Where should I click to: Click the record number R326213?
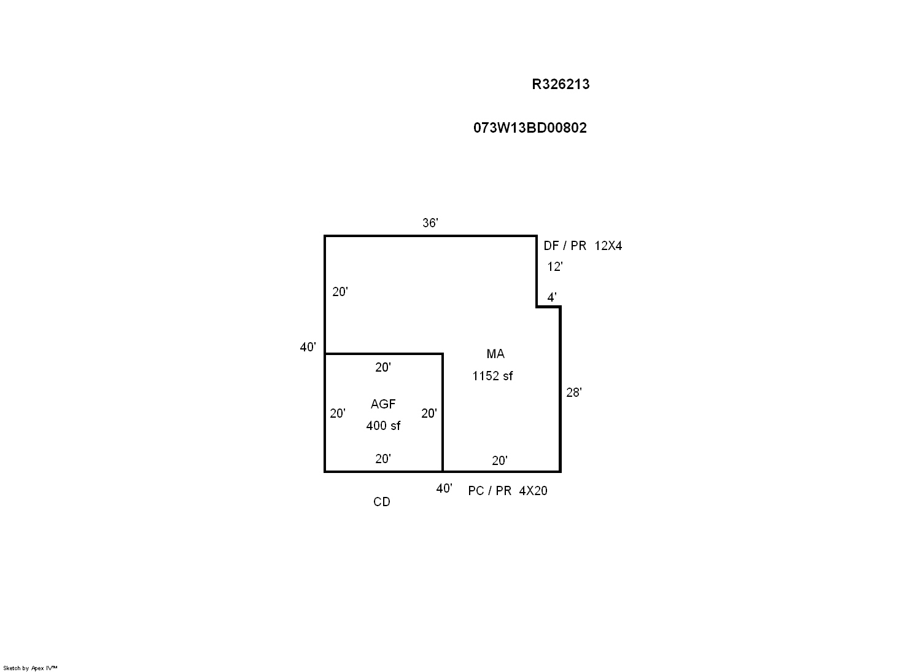pyautogui.click(x=561, y=84)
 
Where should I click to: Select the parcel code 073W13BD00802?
pyautogui.click(x=530, y=128)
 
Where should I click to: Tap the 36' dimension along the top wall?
pyautogui.click(x=430, y=222)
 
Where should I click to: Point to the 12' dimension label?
pyautogui.click(x=555, y=267)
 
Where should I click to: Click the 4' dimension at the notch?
pyautogui.click(x=552, y=297)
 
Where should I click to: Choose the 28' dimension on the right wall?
pyautogui.click(x=573, y=393)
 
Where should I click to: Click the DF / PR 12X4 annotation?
pyautogui.click(x=583, y=246)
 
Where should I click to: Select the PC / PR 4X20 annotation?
pyautogui.click(x=508, y=491)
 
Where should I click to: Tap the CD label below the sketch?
pyautogui.click(x=381, y=502)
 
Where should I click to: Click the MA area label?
pyautogui.click(x=495, y=354)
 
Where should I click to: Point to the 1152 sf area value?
pyautogui.click(x=492, y=376)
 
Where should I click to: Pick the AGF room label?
pyautogui.click(x=382, y=404)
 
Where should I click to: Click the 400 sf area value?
pyautogui.click(x=383, y=426)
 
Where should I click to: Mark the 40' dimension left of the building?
pyautogui.click(x=308, y=347)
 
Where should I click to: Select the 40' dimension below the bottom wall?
pyautogui.click(x=444, y=488)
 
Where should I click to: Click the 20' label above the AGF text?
pyautogui.click(x=382, y=367)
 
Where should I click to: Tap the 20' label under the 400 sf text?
pyautogui.click(x=382, y=459)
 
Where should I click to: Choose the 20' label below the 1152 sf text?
pyautogui.click(x=500, y=461)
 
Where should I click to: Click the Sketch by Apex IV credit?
pyautogui.click(x=30, y=668)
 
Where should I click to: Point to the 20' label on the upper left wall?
pyautogui.click(x=340, y=292)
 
